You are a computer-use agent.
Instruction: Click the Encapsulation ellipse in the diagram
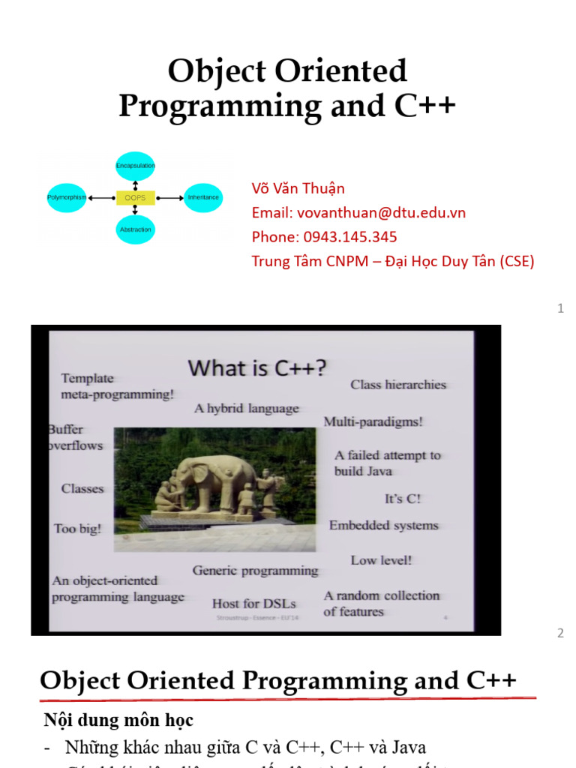point(135,165)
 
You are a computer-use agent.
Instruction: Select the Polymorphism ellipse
point(67,197)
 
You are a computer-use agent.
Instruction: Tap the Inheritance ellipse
point(203,197)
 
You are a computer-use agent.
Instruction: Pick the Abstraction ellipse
point(136,229)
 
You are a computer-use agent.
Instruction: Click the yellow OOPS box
point(135,198)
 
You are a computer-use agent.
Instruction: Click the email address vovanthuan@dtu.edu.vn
point(381,212)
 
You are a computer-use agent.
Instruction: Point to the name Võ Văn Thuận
point(298,188)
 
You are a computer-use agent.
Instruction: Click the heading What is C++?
point(257,367)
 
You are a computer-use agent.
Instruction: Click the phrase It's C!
point(403,499)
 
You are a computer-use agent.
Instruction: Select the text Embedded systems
point(383,526)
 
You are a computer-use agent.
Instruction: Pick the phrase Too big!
point(77,529)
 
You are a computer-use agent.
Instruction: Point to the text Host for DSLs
point(253,603)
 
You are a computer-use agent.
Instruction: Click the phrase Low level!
point(381,560)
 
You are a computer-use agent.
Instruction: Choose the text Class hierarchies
point(398,385)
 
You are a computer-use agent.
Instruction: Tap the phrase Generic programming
point(255,571)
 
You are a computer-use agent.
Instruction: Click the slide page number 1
point(560,308)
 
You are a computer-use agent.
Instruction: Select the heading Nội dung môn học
point(118,721)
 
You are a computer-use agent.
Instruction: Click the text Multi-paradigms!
point(373,421)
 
